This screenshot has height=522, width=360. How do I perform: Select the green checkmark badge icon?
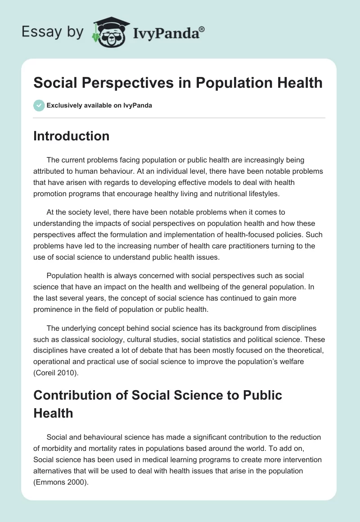pos(39,105)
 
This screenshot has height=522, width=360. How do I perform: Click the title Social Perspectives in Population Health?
pos(178,82)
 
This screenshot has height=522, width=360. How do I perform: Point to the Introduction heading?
pos(71,136)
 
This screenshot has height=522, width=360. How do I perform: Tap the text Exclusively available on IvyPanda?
pos(99,106)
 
